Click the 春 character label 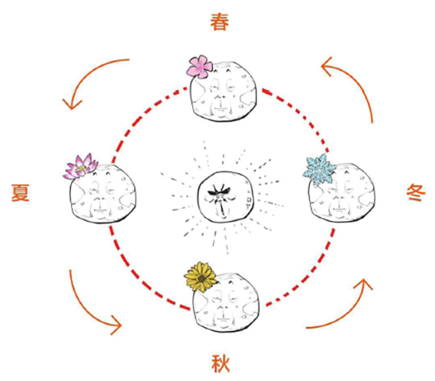[x=220, y=22]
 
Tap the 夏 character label [x=21, y=192]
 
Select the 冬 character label [x=416, y=192]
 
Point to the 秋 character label [x=221, y=363]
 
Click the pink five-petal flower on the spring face [x=199, y=66]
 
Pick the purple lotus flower [x=80, y=166]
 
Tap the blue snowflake [x=319, y=169]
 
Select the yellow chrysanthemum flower [x=200, y=277]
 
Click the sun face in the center [x=225, y=197]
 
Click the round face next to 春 [x=223, y=91]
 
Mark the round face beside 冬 [x=341, y=193]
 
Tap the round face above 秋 [x=226, y=303]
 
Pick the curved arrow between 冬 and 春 [x=359, y=82]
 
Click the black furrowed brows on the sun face [x=219, y=191]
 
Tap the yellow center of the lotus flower [x=81, y=168]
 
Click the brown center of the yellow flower [x=200, y=277]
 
